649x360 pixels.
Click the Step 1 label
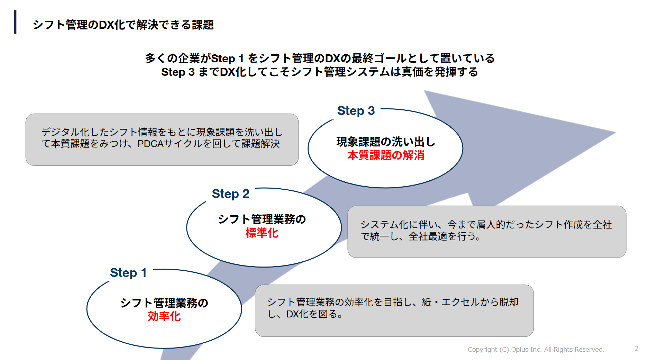click(128, 273)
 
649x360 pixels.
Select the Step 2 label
click(230, 194)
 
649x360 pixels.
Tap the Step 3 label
click(356, 111)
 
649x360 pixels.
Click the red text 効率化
click(164, 316)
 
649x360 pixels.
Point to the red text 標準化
click(262, 233)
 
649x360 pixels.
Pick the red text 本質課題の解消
click(386, 155)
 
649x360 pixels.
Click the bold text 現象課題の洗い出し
click(386, 142)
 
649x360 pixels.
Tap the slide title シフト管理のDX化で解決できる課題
click(123, 25)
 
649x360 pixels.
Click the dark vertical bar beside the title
click(15, 22)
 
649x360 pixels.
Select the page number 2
click(636, 349)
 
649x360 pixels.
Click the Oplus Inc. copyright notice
click(536, 350)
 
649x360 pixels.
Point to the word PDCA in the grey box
click(150, 144)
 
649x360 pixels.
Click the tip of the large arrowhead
click(616, 132)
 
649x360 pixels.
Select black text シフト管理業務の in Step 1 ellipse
click(164, 303)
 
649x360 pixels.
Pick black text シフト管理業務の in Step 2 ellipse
click(262, 219)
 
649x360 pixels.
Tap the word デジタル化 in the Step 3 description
click(65, 132)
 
